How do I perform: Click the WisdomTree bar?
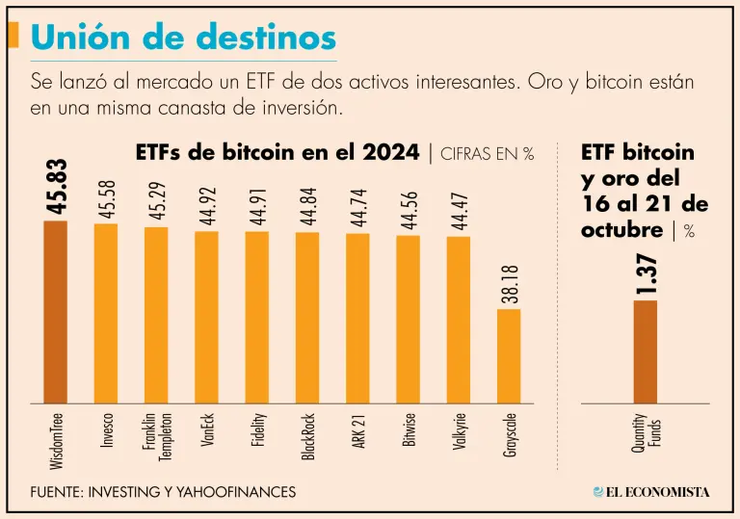pos(55,312)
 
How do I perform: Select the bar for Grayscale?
pos(509,356)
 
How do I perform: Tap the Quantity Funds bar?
pos(645,351)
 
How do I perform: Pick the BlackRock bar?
pos(307,318)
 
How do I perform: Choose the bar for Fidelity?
pos(257,318)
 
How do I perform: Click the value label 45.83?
pos(56,189)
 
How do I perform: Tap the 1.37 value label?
pos(646,273)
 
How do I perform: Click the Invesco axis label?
pos(107,434)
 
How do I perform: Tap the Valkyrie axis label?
pos(459,433)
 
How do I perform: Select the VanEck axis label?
pos(207,432)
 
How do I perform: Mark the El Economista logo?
pos(652,492)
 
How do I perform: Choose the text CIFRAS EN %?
pos(488,154)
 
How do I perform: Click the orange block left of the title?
pos(13,36)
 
